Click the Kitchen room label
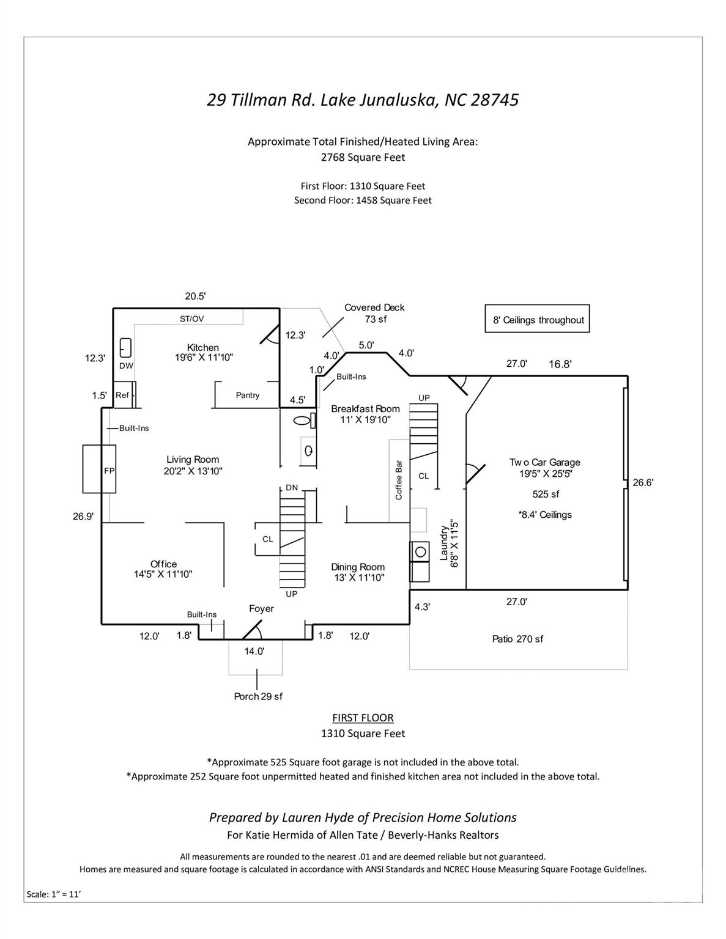tap(203, 348)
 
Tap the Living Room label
tap(193, 460)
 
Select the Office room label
tap(164, 564)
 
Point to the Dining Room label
tap(358, 567)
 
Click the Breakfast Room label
tap(365, 409)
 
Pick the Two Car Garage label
tap(545, 463)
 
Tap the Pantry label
tap(248, 396)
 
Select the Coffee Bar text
tap(399, 480)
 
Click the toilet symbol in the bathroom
tap(303, 421)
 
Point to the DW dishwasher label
tap(126, 366)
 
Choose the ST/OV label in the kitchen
tap(192, 319)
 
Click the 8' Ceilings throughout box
tap(538, 320)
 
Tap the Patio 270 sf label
tap(517, 639)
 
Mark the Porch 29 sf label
tap(258, 696)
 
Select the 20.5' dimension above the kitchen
tap(195, 296)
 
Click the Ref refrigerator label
tap(122, 396)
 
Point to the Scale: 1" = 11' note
tap(54, 894)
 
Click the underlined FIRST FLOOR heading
tap(363, 718)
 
